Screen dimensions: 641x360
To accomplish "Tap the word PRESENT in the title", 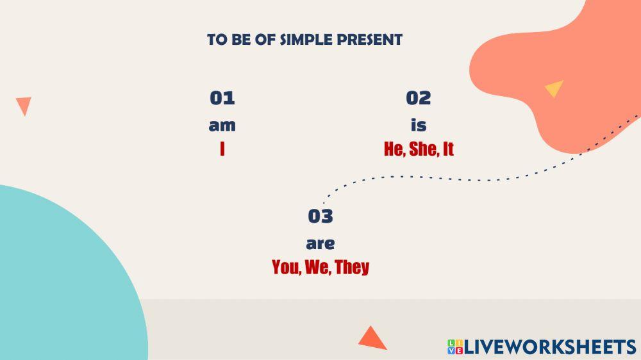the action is pos(370,40).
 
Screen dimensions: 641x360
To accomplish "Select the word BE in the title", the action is pos(242,40).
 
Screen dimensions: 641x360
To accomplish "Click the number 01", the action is pos(222,98).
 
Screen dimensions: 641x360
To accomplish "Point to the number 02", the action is pos(418,98).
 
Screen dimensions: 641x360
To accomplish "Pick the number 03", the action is pos(320,216).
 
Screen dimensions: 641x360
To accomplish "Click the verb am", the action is pos(222,126).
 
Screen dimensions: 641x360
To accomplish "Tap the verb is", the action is pos(419,125).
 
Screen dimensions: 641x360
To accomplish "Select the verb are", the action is pos(320,244).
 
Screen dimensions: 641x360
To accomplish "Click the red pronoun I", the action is pos(222,149).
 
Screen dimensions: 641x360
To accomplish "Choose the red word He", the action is pos(394,149).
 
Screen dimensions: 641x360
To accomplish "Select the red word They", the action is pos(352,268).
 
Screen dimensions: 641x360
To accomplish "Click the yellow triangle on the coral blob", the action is pos(554,88).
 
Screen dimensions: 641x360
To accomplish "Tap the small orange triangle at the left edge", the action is pos(24,105).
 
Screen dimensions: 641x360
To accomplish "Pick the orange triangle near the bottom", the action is pos(372,339).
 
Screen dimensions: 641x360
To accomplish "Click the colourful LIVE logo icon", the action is pos(455,347).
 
